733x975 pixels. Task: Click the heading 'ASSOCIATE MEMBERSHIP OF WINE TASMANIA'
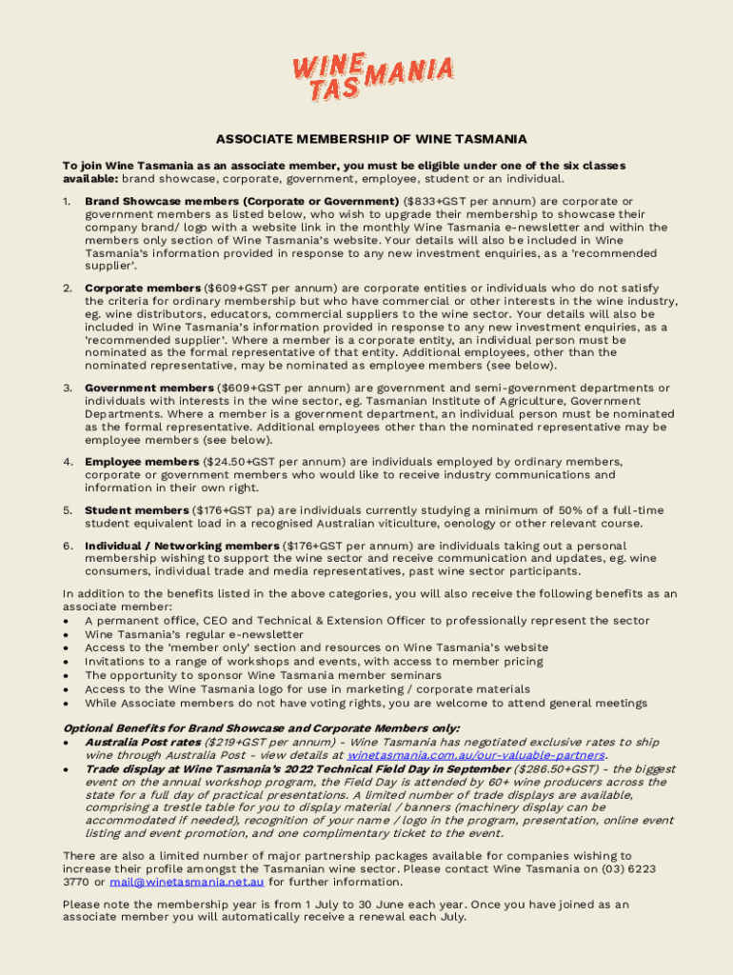tap(371, 139)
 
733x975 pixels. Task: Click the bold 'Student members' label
tap(136, 510)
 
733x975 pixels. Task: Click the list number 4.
tap(68, 461)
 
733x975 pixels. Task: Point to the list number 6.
tap(68, 546)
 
